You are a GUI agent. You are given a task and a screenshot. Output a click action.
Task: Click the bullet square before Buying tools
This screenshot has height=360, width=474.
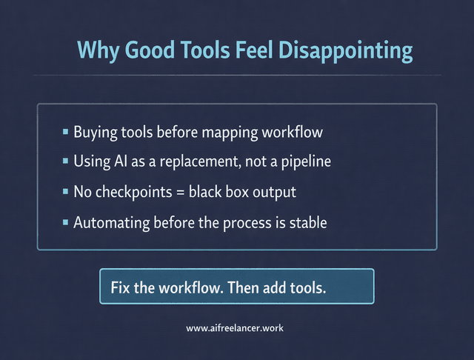click(x=66, y=132)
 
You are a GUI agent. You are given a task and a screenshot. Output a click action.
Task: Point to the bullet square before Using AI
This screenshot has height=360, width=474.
click(x=66, y=161)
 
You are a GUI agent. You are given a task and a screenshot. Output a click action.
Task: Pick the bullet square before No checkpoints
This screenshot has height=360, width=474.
click(x=66, y=191)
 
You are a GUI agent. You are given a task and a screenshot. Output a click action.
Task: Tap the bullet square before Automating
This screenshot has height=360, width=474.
click(x=66, y=221)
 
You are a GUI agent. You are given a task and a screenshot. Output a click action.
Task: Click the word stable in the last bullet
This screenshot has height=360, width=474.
click(x=308, y=221)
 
